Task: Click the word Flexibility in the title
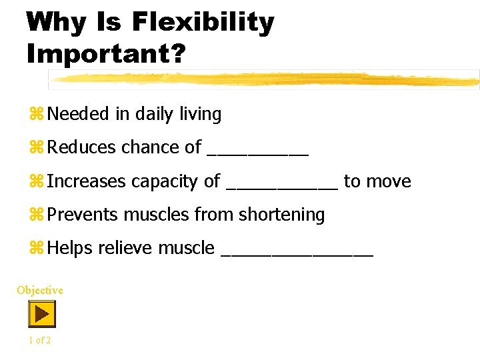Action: (x=203, y=22)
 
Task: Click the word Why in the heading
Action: (x=56, y=22)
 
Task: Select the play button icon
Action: (x=41, y=313)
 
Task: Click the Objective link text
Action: (x=40, y=290)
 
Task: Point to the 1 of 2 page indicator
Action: (x=40, y=340)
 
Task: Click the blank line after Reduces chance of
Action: (x=258, y=153)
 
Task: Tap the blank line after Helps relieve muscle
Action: (x=296, y=254)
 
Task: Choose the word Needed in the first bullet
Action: (x=78, y=114)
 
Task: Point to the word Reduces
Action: (x=82, y=147)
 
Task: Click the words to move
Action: (x=377, y=181)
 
